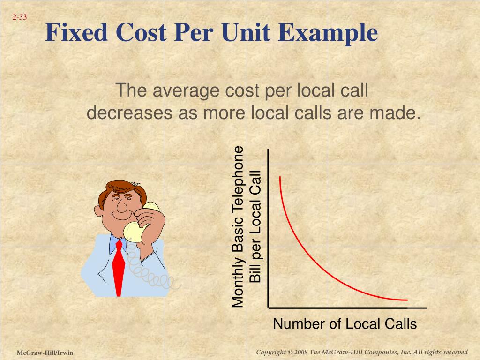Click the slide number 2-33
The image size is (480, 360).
(20, 18)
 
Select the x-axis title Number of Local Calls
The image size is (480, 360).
(345, 324)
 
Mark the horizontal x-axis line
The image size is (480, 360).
(347, 308)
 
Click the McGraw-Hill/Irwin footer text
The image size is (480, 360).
(45, 352)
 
